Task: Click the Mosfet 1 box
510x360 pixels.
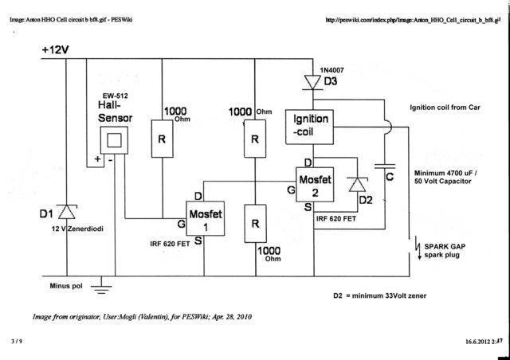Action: coord(205,218)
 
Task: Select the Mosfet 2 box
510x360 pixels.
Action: coord(315,185)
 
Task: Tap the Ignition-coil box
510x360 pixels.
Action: coord(309,127)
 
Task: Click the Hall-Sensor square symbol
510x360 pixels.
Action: coord(114,140)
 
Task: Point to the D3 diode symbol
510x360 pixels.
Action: coord(313,82)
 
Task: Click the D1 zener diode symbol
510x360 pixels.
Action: coord(67,212)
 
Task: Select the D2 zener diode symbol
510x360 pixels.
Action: coord(357,185)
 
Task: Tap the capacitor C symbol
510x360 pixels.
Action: coord(385,166)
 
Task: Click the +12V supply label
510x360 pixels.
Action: coord(55,50)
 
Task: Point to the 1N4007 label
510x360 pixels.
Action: coord(331,70)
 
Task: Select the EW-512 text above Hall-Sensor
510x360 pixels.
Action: coord(116,96)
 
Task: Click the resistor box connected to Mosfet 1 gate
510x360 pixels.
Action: coord(162,139)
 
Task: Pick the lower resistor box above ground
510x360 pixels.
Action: coord(255,224)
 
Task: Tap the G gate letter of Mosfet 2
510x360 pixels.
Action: coord(291,190)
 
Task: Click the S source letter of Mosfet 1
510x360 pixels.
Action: coord(198,241)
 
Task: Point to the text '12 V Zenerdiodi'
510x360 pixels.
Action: coord(77,229)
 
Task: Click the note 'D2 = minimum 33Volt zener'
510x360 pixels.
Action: coord(379,295)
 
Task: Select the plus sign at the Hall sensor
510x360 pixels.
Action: coord(97,159)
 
